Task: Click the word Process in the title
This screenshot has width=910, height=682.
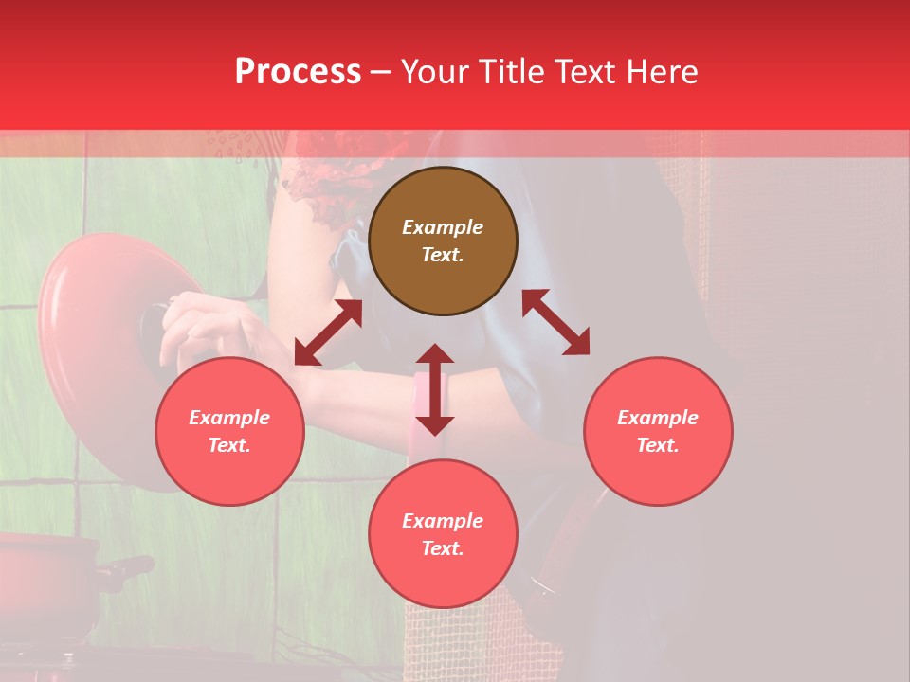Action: (298, 72)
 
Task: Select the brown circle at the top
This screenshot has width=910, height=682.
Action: (443, 242)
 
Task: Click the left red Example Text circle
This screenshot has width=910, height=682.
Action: (229, 431)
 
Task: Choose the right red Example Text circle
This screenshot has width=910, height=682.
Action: (658, 431)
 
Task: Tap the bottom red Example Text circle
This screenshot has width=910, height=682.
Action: (443, 534)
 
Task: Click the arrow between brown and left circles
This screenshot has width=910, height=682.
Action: (328, 332)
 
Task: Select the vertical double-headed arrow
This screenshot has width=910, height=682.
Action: (435, 389)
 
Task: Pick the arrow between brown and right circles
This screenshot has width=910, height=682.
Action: (555, 322)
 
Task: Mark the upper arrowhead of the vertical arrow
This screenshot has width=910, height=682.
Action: (435, 355)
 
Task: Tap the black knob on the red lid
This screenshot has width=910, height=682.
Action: (152, 327)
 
